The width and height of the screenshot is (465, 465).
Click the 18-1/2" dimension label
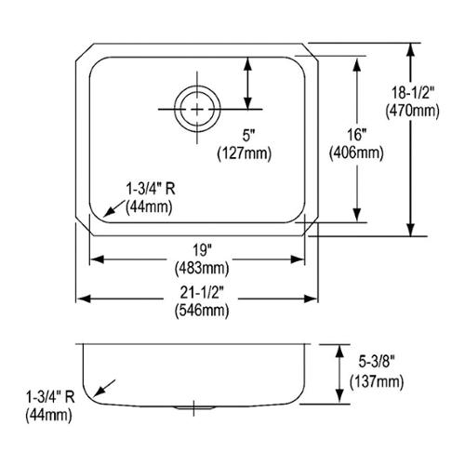point(413,93)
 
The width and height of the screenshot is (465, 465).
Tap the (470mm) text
point(412,111)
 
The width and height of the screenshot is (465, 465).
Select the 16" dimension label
point(356,135)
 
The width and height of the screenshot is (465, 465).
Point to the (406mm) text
point(356,153)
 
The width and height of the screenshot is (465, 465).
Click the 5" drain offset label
point(247,136)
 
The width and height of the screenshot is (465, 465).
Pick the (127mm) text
point(245,153)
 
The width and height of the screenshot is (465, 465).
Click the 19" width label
point(202,250)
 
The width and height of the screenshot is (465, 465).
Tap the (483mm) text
point(202,268)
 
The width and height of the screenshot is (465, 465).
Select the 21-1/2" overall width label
point(202,292)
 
